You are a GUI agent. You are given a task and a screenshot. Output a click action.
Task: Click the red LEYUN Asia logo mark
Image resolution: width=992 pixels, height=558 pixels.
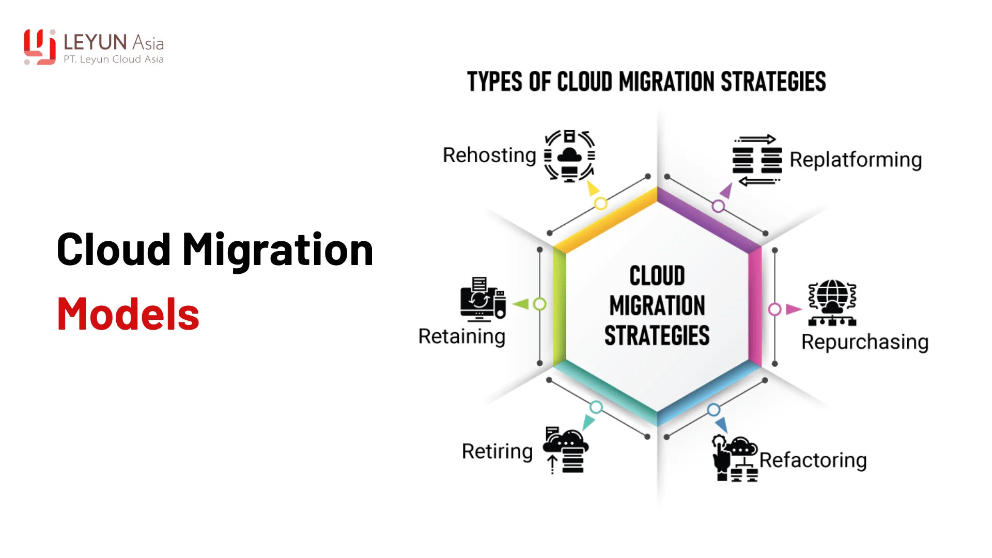(x=40, y=47)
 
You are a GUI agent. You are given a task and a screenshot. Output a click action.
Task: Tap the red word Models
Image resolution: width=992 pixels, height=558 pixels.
(x=128, y=314)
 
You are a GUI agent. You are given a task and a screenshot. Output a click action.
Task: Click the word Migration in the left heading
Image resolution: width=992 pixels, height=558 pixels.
(x=277, y=250)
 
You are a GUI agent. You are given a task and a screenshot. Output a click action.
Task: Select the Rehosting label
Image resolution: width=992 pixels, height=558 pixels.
(x=489, y=156)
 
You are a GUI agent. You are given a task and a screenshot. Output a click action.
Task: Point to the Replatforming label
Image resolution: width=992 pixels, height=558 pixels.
(x=856, y=160)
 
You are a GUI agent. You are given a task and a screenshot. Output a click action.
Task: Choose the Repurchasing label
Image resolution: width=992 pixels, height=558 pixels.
(x=865, y=342)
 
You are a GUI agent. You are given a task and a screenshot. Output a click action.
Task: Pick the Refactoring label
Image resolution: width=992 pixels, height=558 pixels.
(x=813, y=460)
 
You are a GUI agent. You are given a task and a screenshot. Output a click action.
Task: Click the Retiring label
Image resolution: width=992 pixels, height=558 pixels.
(x=497, y=452)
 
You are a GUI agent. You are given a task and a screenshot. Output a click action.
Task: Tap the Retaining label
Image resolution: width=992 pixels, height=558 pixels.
(x=461, y=336)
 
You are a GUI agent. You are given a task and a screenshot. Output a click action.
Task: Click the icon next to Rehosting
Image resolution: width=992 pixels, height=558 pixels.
(x=569, y=156)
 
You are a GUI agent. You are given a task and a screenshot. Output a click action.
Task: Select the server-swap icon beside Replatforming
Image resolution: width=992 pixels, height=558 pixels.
(x=757, y=160)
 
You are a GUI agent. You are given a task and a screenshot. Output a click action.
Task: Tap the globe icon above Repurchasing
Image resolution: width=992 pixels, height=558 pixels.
(x=832, y=303)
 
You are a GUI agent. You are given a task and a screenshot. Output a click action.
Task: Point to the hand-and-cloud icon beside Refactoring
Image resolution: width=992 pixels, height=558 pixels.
(x=735, y=459)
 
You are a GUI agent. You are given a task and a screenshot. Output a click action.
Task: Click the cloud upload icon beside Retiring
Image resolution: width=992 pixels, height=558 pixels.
(x=565, y=450)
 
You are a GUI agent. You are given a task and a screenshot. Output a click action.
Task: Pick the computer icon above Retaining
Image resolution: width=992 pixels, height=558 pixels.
(x=483, y=299)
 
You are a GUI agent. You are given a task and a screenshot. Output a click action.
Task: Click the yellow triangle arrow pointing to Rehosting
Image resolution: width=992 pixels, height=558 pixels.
(x=592, y=188)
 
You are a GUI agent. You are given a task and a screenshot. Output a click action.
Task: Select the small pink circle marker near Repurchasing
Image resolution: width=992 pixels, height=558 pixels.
(x=774, y=309)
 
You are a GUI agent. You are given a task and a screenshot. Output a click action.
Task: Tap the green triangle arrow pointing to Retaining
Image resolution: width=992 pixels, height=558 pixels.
(x=521, y=304)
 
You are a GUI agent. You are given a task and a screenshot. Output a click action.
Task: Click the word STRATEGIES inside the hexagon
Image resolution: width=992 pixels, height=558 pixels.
(x=657, y=336)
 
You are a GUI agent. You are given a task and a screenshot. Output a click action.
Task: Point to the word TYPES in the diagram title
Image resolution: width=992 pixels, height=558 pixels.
(x=495, y=82)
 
